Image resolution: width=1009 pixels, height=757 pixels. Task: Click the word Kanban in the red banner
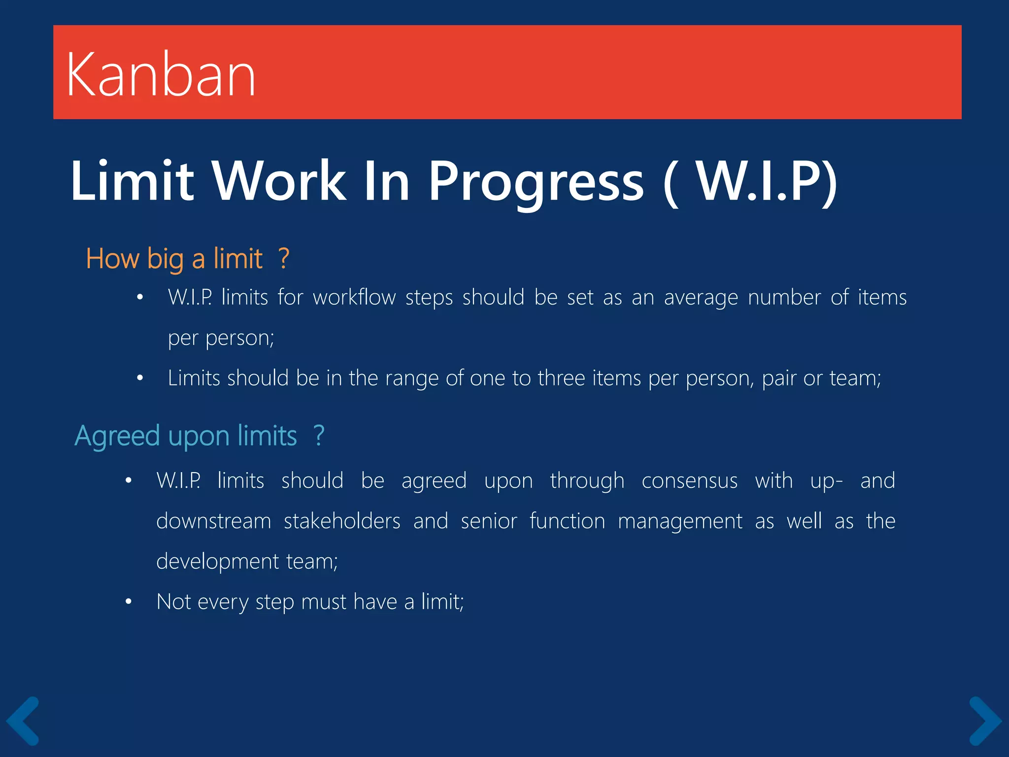161,75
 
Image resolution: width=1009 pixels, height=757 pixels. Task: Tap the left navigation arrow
23,721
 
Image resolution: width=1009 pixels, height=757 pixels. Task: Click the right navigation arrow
985,721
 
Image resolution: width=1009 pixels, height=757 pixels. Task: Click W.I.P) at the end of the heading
767,181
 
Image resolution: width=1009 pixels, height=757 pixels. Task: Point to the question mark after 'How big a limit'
283,258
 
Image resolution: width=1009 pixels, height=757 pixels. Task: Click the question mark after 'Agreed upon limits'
319,436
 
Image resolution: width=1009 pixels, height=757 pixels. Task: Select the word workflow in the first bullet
354,298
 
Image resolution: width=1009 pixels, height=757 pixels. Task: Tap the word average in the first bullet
701,298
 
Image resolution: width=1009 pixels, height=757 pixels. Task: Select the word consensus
689,481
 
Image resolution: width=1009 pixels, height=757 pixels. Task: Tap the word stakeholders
342,521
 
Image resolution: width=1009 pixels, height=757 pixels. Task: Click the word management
680,521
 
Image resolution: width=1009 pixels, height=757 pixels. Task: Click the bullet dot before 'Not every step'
129,602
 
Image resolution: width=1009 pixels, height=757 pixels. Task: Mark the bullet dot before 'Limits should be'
140,378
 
